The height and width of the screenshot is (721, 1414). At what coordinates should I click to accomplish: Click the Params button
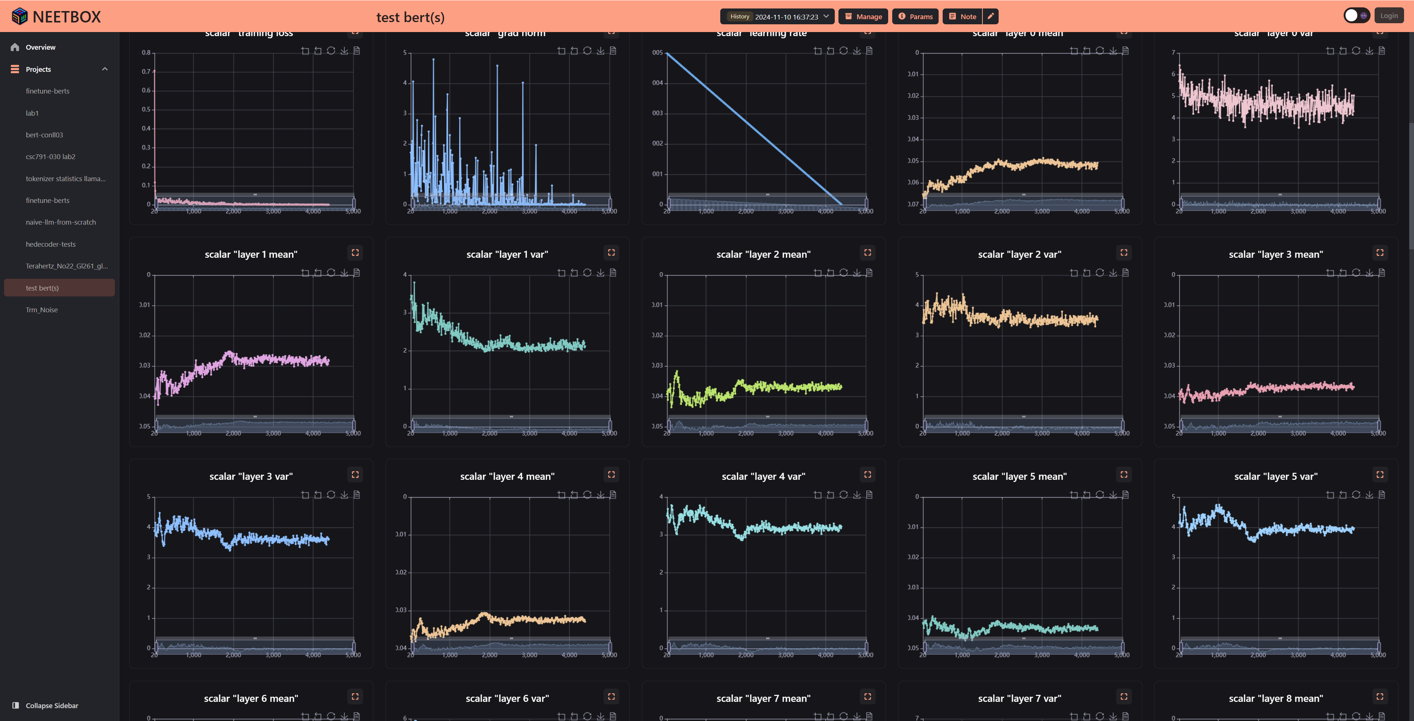[915, 17]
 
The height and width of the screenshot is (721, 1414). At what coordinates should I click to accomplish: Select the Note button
[962, 17]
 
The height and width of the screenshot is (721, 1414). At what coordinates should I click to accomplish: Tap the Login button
[1389, 16]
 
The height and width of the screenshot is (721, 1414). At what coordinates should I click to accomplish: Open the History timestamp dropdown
[777, 17]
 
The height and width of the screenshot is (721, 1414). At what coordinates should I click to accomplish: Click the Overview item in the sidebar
[40, 47]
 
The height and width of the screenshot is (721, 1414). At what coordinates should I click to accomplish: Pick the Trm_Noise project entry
[42, 310]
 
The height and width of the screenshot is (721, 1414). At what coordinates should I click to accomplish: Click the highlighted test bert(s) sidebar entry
[42, 288]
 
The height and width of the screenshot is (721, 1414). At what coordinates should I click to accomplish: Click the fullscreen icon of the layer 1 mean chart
[355, 253]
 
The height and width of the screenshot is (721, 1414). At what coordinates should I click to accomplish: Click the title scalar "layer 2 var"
[1019, 254]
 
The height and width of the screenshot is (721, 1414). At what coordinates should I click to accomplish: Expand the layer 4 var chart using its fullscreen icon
[867, 474]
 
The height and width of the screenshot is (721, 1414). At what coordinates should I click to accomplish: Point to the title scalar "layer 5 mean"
[1019, 476]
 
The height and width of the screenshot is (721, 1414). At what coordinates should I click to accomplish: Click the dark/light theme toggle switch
[1356, 16]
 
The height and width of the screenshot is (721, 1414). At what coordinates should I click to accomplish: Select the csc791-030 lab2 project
[50, 156]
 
